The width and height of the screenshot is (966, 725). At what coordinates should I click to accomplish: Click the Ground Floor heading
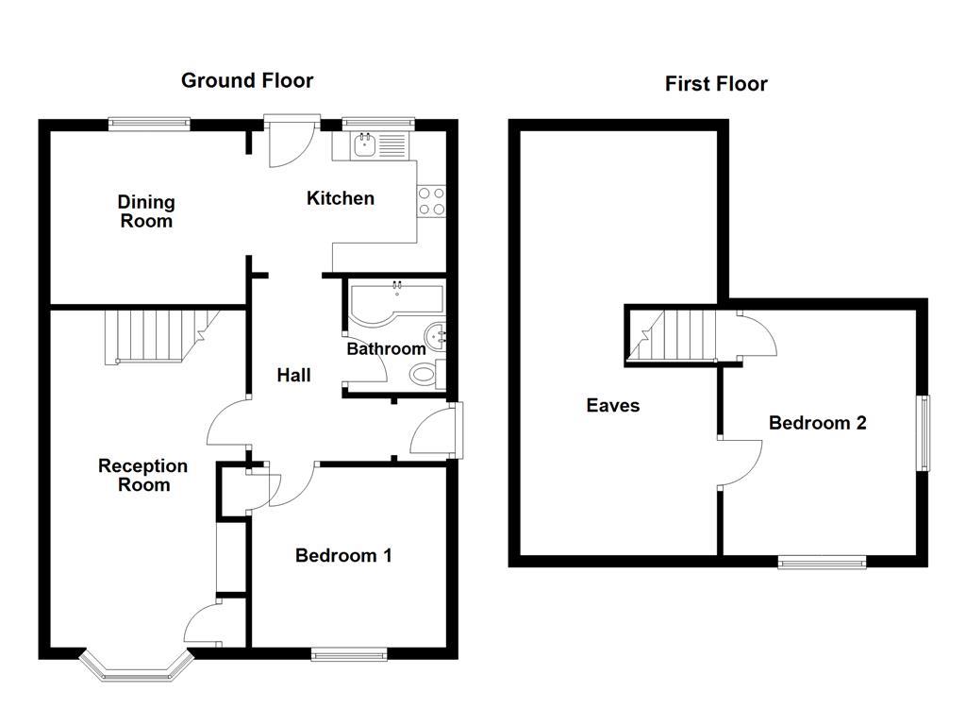(x=247, y=80)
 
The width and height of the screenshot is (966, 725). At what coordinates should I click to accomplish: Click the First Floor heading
(x=716, y=84)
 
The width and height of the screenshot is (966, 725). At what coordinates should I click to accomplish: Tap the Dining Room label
(x=146, y=211)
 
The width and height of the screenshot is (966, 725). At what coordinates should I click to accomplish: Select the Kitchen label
(x=341, y=198)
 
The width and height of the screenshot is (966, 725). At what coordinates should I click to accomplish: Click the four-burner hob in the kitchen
(x=431, y=200)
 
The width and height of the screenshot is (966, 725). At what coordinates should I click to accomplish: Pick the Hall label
(x=293, y=375)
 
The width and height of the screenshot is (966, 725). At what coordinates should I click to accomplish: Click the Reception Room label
(x=143, y=476)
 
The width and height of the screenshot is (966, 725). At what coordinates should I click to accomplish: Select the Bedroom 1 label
(x=343, y=555)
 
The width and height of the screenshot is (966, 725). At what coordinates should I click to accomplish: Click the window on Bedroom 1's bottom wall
(x=349, y=653)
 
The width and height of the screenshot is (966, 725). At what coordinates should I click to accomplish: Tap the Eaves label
(x=613, y=406)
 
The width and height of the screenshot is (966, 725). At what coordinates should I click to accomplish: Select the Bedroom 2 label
(x=817, y=423)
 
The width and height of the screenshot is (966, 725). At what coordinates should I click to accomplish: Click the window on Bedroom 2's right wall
(x=924, y=432)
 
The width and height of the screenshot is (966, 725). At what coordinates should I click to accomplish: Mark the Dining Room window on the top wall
(x=149, y=123)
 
